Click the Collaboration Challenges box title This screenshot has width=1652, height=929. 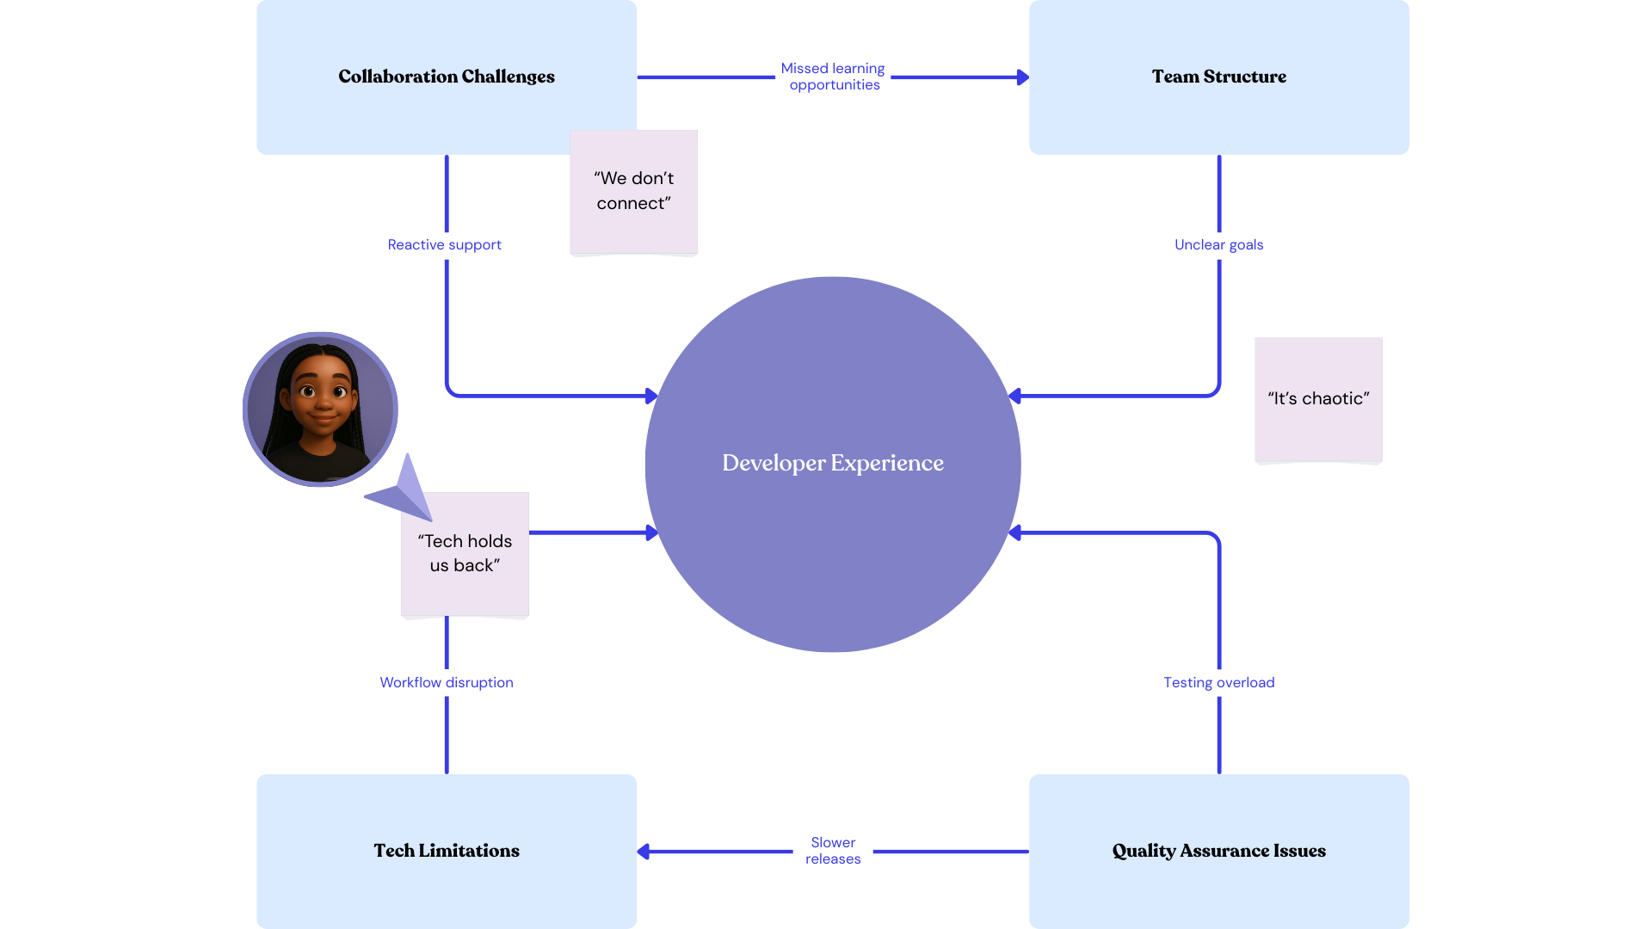[446, 77]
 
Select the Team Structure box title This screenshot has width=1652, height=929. [1218, 77]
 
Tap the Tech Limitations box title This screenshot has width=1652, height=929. [446, 851]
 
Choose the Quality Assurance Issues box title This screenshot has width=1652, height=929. [1218, 851]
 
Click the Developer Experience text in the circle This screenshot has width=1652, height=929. [832, 463]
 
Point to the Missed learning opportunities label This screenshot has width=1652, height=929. [833, 77]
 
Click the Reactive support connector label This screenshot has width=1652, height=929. [444, 245]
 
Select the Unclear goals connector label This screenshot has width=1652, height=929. [1218, 245]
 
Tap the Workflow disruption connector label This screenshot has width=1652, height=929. [446, 683]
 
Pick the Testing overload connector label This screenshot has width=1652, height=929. [1218, 683]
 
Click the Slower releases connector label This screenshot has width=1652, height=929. [832, 851]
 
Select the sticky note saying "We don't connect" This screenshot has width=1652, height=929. [633, 191]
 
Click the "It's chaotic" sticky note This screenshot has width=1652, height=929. [1318, 399]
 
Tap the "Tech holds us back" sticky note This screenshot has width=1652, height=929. [465, 553]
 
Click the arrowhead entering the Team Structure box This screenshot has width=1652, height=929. [1022, 77]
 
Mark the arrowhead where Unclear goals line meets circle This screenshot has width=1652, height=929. [1014, 396]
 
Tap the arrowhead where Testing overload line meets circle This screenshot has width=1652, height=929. [1014, 533]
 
